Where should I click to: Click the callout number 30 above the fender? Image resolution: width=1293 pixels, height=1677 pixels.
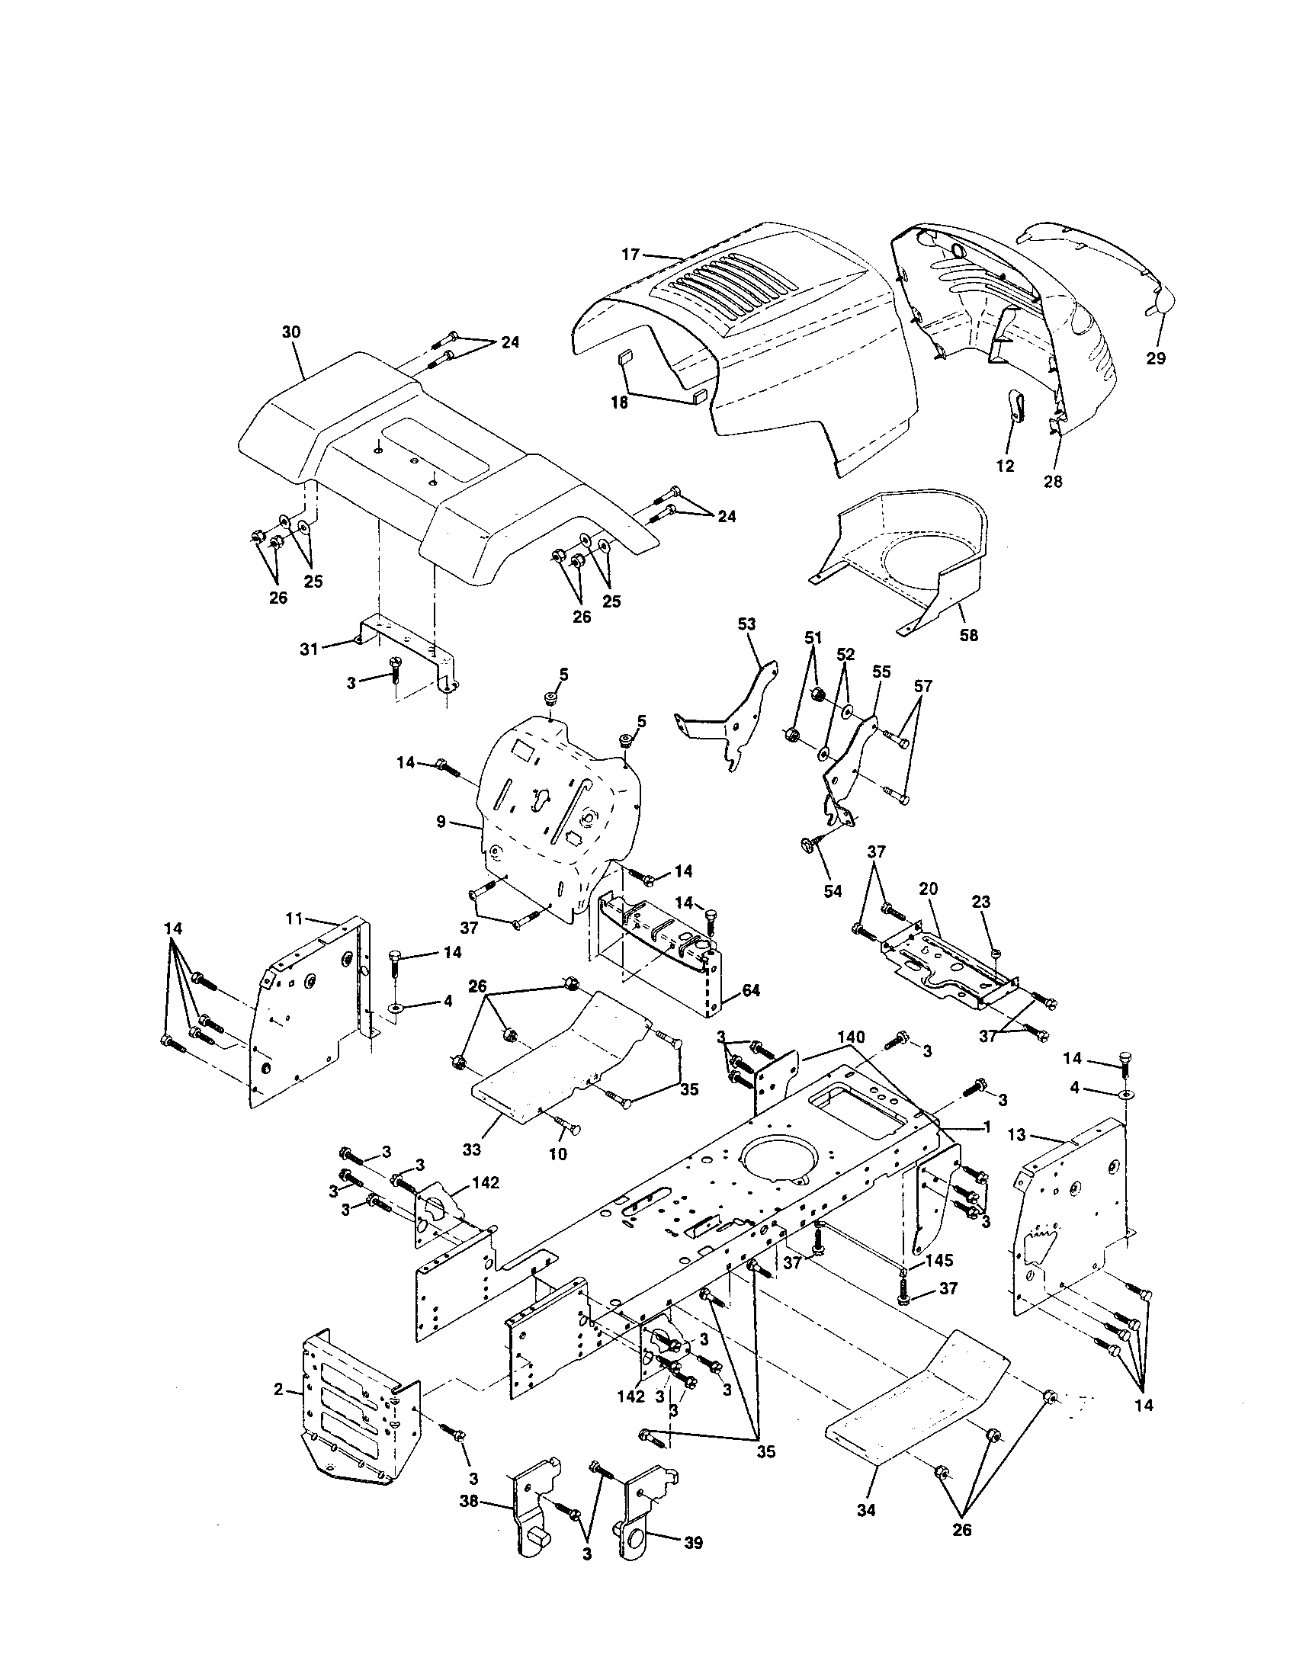pos(291,332)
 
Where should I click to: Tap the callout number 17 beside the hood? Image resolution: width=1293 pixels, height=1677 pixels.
pos(630,254)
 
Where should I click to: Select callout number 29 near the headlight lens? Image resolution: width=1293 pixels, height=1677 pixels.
pos(1155,358)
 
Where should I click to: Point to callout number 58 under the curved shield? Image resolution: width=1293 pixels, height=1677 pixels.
pos(969,636)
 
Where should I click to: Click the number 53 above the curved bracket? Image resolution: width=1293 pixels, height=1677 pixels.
pos(746,624)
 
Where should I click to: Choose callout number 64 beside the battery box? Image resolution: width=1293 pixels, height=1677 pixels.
pos(750,990)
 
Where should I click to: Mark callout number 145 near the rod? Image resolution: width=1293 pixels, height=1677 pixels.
pos(939,1261)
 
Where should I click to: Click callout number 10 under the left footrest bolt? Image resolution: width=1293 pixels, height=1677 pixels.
pos(558,1175)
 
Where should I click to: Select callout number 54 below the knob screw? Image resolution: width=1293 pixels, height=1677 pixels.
pos(833,890)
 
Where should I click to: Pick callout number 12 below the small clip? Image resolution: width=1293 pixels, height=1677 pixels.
pos(1005,465)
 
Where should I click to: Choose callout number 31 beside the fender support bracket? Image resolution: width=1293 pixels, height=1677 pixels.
pos(309,649)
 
